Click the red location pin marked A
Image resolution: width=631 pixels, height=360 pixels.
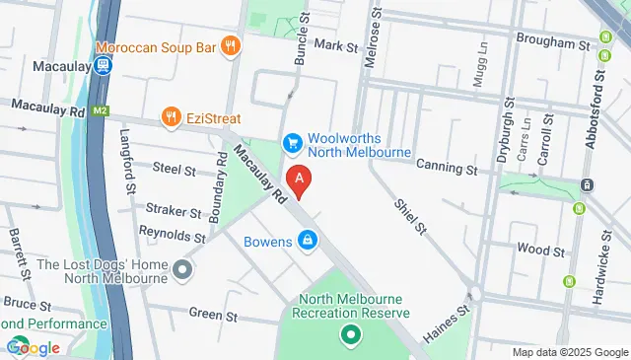(x=300, y=180)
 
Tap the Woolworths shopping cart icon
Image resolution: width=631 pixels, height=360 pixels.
(x=292, y=144)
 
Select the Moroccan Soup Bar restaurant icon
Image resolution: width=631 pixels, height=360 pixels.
(x=230, y=44)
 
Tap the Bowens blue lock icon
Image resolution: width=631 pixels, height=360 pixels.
(x=308, y=240)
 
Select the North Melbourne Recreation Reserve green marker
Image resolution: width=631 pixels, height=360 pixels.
(x=348, y=336)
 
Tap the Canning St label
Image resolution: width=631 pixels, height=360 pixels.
(x=446, y=170)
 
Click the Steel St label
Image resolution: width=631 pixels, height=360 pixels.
(x=174, y=169)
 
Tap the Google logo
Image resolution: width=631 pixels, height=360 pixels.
(x=34, y=347)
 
